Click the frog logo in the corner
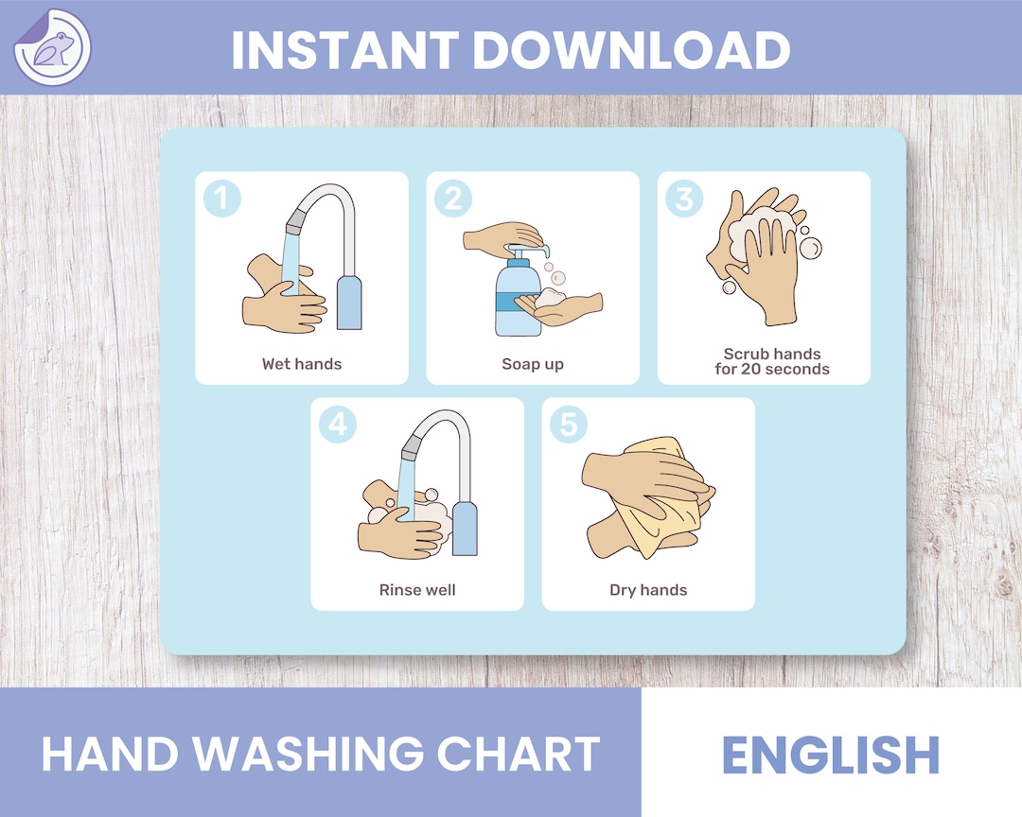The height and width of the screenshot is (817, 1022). click(x=52, y=47)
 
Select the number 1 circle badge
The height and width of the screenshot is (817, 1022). click(x=222, y=199)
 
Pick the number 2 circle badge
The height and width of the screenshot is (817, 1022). click(x=453, y=199)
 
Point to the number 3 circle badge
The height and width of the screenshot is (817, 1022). click(x=684, y=199)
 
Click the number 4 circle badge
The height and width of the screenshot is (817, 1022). click(x=338, y=425)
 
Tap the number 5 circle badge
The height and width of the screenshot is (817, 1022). click(x=569, y=425)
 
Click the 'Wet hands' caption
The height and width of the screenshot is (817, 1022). click(x=302, y=364)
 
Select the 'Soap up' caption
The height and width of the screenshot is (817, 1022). click(x=533, y=364)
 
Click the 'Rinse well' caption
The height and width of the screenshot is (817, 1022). click(x=417, y=590)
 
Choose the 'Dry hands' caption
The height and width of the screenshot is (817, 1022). click(x=648, y=590)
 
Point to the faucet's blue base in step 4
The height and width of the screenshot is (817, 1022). click(x=465, y=530)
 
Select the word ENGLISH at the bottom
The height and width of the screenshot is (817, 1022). click(x=831, y=754)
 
